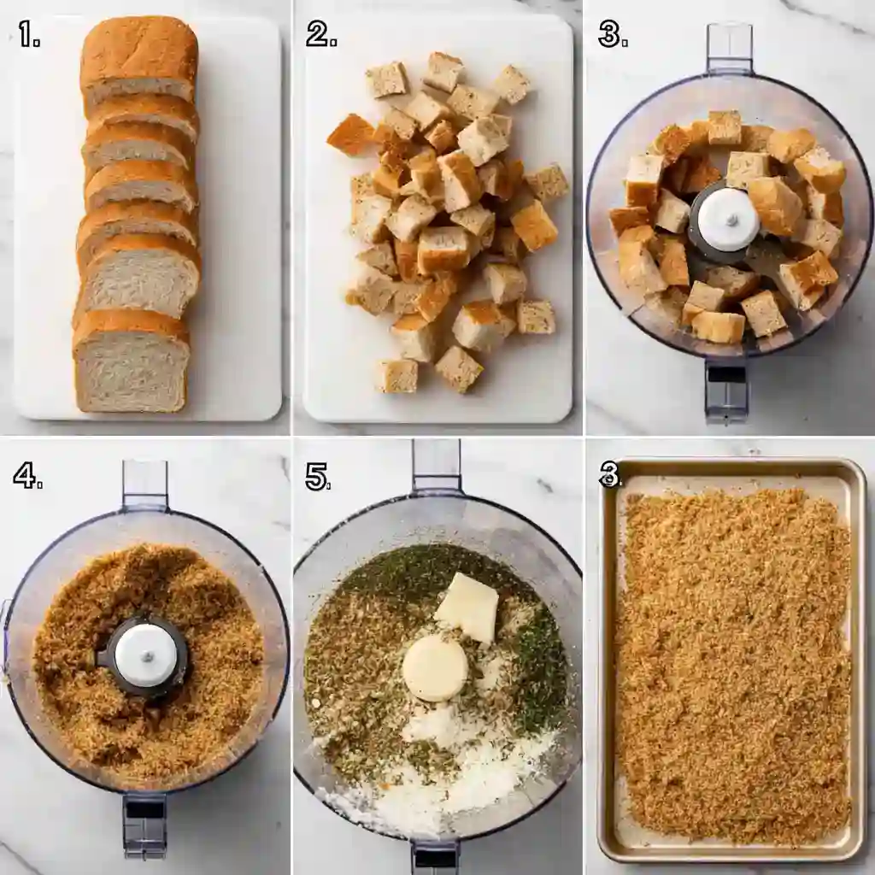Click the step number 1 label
click(29, 34)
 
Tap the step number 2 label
click(321, 34)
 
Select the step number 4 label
click(27, 476)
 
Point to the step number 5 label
click(318, 476)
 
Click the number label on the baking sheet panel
click(609, 474)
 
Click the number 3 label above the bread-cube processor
click(613, 34)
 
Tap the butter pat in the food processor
click(467, 608)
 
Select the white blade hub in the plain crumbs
click(145, 655)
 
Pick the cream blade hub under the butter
click(435, 669)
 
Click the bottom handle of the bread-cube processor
click(725, 391)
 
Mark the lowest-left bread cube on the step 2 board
click(397, 375)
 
